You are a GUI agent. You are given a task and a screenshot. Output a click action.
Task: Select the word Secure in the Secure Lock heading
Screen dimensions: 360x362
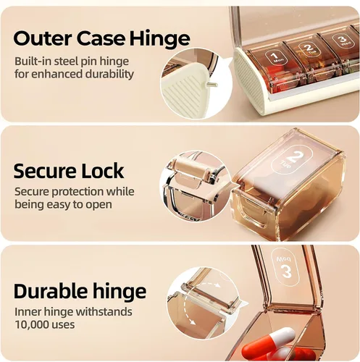click(x=44, y=171)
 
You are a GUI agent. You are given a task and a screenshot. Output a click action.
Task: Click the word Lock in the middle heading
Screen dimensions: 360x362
click(x=102, y=170)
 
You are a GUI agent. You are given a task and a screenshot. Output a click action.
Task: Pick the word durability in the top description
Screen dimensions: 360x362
click(x=109, y=75)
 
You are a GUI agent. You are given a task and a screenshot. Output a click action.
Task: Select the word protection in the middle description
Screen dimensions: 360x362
click(x=78, y=192)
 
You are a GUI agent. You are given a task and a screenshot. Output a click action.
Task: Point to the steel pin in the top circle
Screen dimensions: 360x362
click(x=211, y=84)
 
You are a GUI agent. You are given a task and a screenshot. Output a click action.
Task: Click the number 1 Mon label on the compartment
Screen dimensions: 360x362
click(x=275, y=58)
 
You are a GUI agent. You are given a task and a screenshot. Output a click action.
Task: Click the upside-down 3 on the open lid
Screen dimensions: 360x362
click(x=286, y=272)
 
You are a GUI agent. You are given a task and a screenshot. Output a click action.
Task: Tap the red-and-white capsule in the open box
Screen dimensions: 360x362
click(x=269, y=342)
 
